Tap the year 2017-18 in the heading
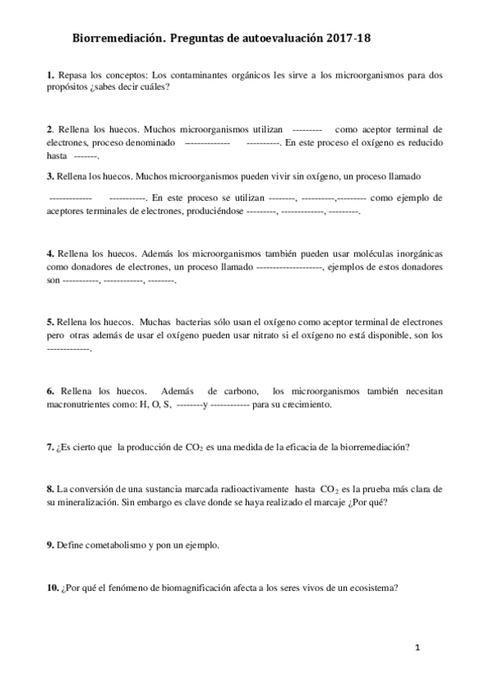353,38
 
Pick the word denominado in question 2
149,141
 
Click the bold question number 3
50,176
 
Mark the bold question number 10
52,588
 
